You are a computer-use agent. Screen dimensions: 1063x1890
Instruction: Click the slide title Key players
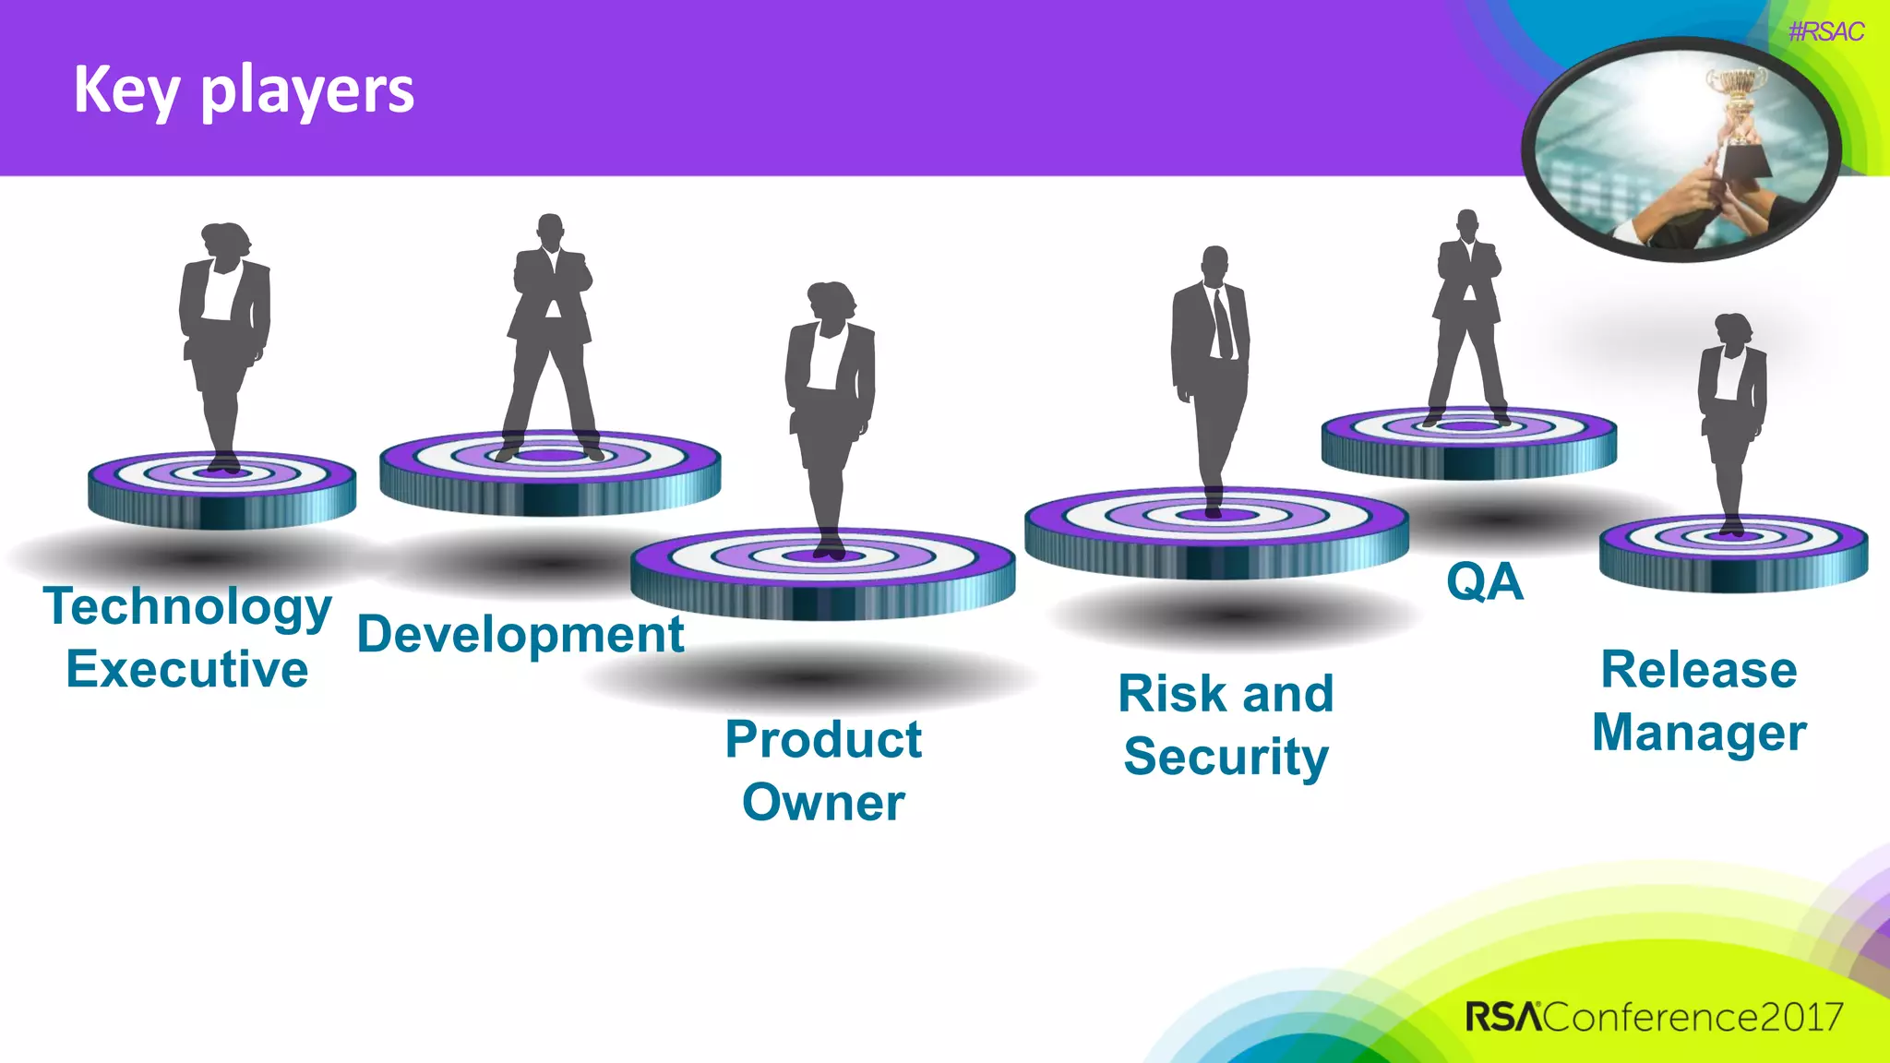(x=244, y=90)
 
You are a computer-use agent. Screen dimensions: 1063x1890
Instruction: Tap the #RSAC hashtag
(x=1825, y=32)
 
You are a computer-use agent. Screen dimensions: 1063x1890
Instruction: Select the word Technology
(x=187, y=608)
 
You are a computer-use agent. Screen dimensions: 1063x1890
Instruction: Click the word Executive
(x=187, y=669)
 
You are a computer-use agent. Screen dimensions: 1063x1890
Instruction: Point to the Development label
(x=520, y=635)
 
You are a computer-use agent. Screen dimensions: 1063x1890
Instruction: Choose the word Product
(x=823, y=739)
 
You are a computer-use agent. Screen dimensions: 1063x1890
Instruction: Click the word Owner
(x=823, y=802)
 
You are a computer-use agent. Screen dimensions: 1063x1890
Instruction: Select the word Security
(x=1226, y=757)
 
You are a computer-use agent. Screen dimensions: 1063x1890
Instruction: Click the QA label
(x=1484, y=581)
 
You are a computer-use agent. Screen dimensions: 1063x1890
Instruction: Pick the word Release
(x=1698, y=669)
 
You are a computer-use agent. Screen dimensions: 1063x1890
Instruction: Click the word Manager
(x=1698, y=733)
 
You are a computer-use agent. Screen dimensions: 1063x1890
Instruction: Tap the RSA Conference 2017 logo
(x=1654, y=1017)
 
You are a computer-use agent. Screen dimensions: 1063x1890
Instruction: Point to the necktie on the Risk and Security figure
(x=1222, y=323)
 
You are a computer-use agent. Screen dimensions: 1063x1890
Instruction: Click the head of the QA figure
(x=1466, y=223)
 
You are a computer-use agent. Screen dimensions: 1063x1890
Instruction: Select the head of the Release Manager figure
(x=1731, y=328)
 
